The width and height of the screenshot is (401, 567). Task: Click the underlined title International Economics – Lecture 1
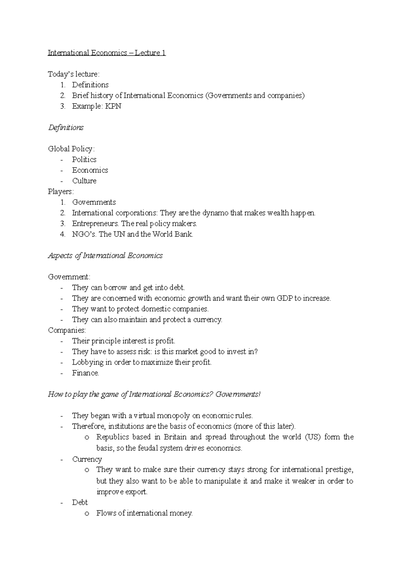(107, 53)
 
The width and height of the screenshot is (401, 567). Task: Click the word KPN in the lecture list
(113, 106)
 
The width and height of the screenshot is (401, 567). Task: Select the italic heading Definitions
(66, 128)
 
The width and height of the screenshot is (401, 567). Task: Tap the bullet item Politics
(84, 160)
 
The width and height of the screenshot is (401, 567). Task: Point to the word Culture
(84, 181)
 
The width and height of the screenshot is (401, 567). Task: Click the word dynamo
(217, 213)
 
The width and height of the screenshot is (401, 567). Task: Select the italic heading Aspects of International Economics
(105, 256)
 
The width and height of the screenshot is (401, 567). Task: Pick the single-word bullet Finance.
(86, 373)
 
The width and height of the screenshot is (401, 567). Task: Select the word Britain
(175, 437)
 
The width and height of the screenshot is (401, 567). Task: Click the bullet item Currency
(87, 459)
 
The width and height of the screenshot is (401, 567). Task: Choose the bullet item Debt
(80, 503)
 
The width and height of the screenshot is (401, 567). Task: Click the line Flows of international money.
(144, 513)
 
